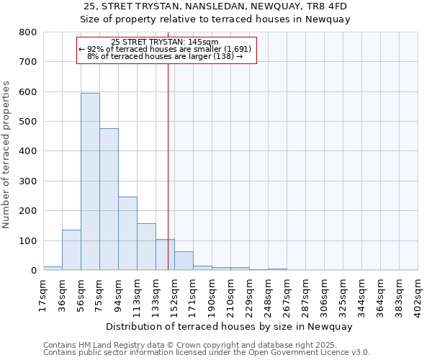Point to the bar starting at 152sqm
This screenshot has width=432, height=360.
click(x=184, y=261)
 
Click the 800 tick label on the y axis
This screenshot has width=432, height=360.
click(x=27, y=32)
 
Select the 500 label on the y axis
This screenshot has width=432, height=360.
click(x=27, y=122)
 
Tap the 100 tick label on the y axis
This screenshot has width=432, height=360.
click(x=27, y=240)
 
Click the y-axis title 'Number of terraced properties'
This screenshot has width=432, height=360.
click(x=7, y=154)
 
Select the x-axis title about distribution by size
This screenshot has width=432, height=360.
click(x=230, y=326)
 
